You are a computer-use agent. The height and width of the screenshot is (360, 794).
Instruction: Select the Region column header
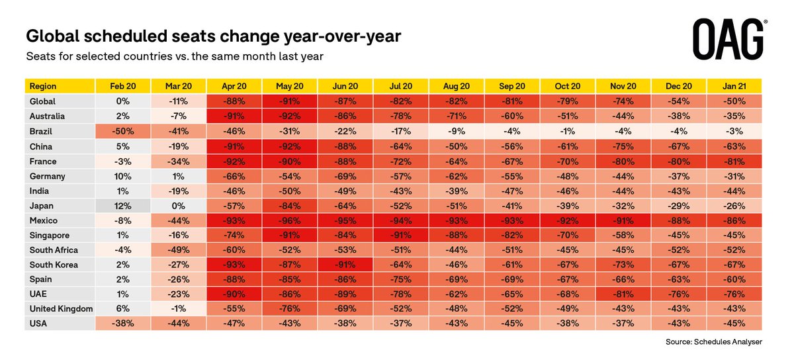pyautogui.click(x=44, y=87)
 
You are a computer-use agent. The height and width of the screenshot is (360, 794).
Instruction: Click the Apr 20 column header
pyautogui.click(x=233, y=87)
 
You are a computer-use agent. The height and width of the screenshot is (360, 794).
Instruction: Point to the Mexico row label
pyautogui.click(x=44, y=220)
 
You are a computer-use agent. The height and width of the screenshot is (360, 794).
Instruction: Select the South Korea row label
pyautogui.click(x=54, y=265)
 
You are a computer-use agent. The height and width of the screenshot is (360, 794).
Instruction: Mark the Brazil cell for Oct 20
pyautogui.click(x=566, y=131)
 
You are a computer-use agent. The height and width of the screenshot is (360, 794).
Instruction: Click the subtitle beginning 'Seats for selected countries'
pyautogui.click(x=174, y=57)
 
